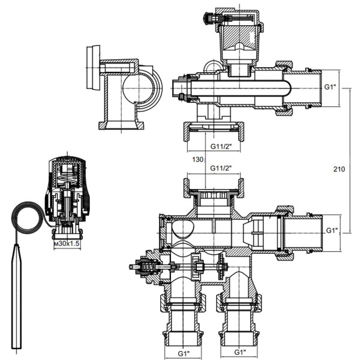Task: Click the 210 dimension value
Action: (339, 170)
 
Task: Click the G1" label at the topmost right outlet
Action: (332, 88)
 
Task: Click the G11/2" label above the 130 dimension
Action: (221, 146)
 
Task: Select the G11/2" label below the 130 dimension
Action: (221, 169)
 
